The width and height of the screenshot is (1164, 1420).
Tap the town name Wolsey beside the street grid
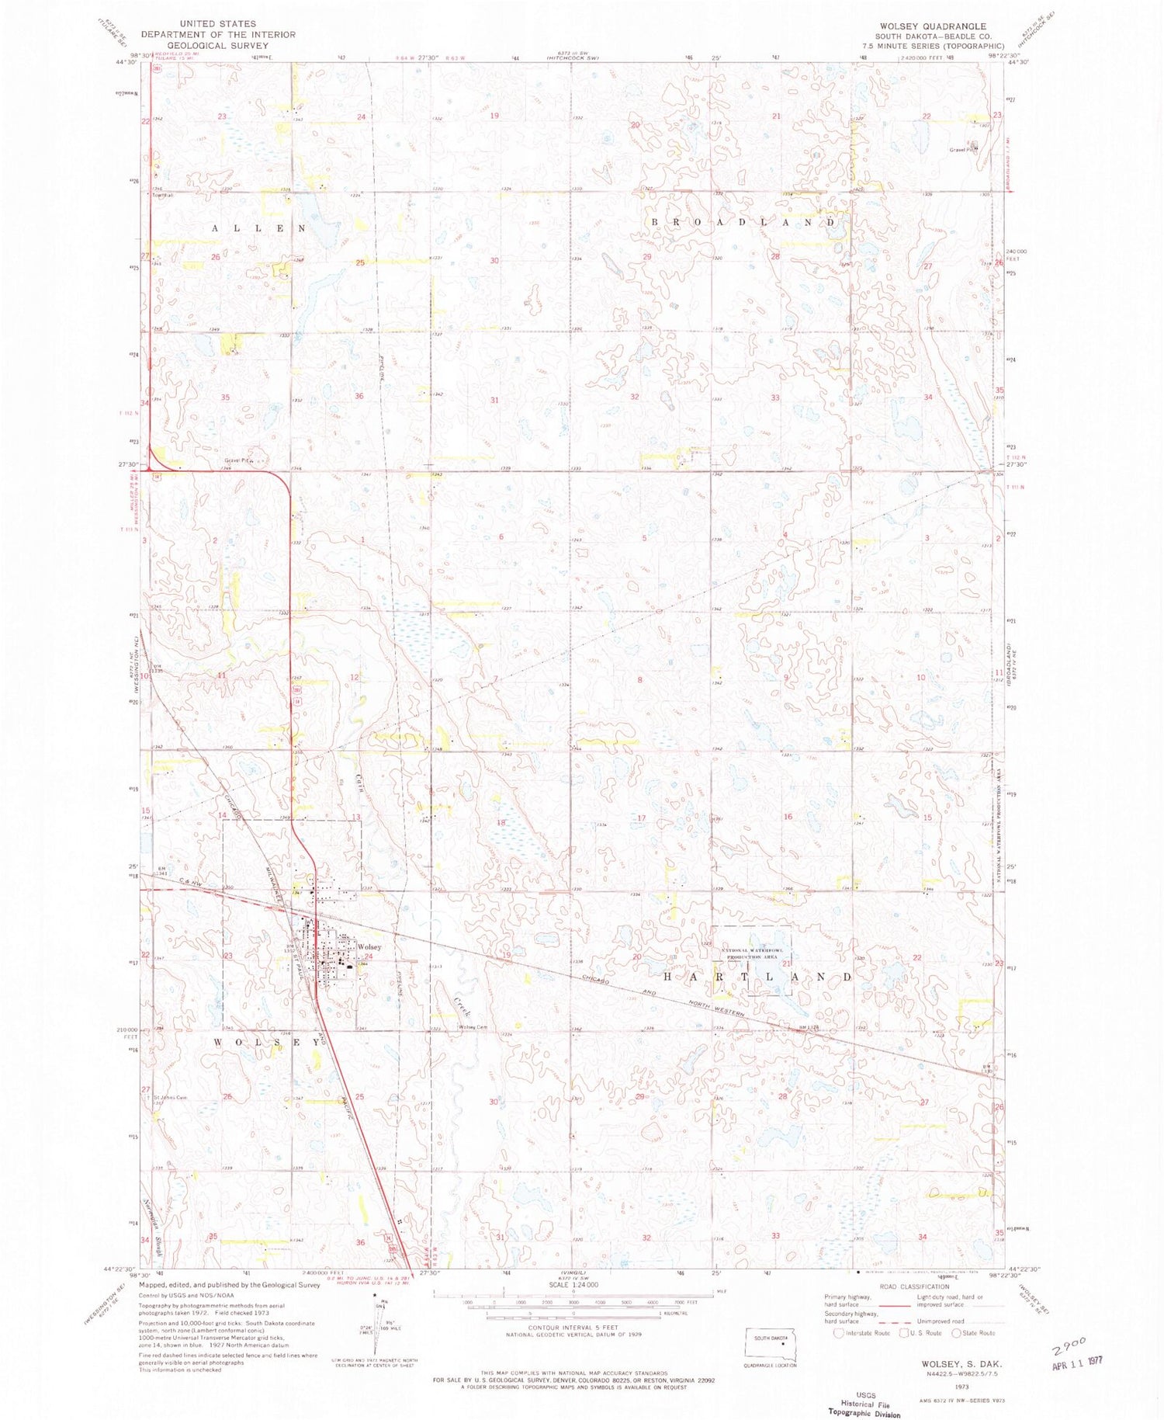369,947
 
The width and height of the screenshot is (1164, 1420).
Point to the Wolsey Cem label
472,1027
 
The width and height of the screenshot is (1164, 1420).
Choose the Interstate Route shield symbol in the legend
838,1333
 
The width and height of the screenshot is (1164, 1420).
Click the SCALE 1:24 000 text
572,1285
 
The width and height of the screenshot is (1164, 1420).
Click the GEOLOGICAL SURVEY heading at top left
220,45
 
